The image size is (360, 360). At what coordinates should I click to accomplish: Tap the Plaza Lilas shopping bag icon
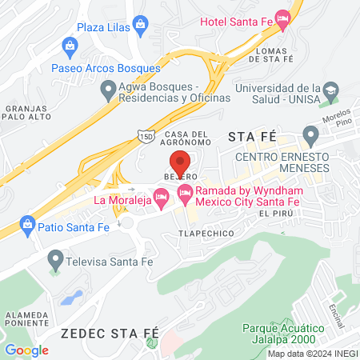point(142,25)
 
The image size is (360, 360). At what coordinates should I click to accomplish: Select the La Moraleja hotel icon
point(161,195)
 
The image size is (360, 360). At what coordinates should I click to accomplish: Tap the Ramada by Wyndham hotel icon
point(186,192)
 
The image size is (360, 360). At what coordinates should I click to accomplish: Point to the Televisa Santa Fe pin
point(55,258)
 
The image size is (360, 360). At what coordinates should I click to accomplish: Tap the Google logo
point(26,350)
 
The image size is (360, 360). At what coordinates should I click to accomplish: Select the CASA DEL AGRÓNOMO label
point(187,138)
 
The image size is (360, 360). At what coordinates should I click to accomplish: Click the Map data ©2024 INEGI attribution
point(312,353)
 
